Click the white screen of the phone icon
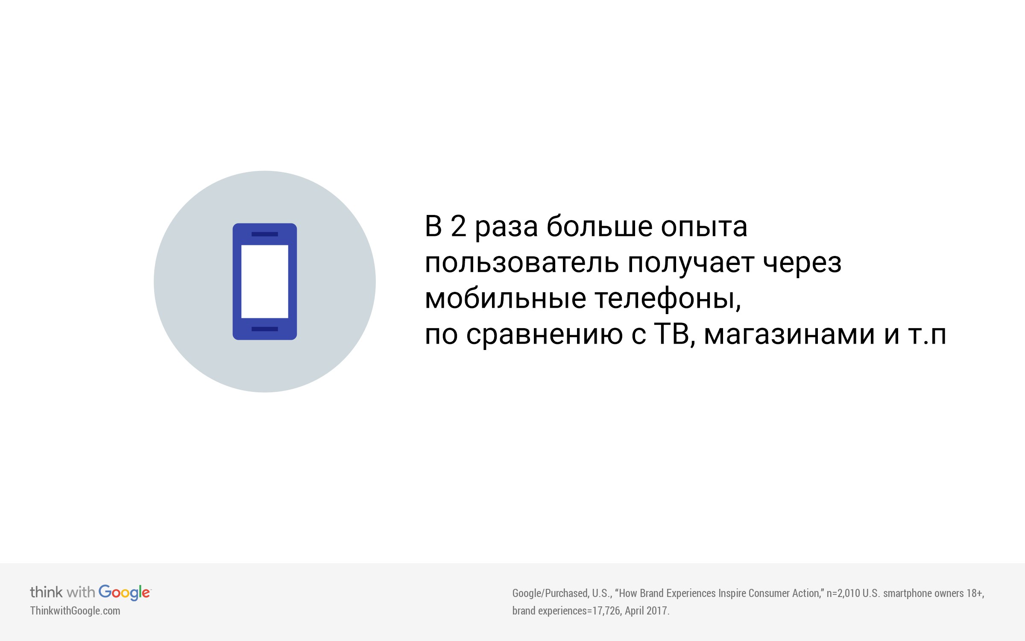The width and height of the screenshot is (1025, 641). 265,282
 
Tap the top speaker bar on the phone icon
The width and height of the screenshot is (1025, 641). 265,234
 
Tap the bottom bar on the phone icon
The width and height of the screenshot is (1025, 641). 265,329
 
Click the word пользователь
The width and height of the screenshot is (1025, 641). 521,263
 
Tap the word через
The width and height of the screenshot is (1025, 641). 802,265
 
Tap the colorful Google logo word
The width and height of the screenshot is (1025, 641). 125,593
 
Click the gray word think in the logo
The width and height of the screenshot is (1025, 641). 46,592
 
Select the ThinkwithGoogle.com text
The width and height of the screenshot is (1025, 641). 75,611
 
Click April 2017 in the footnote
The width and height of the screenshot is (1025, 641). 646,611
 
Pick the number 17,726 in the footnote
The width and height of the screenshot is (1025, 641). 606,611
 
